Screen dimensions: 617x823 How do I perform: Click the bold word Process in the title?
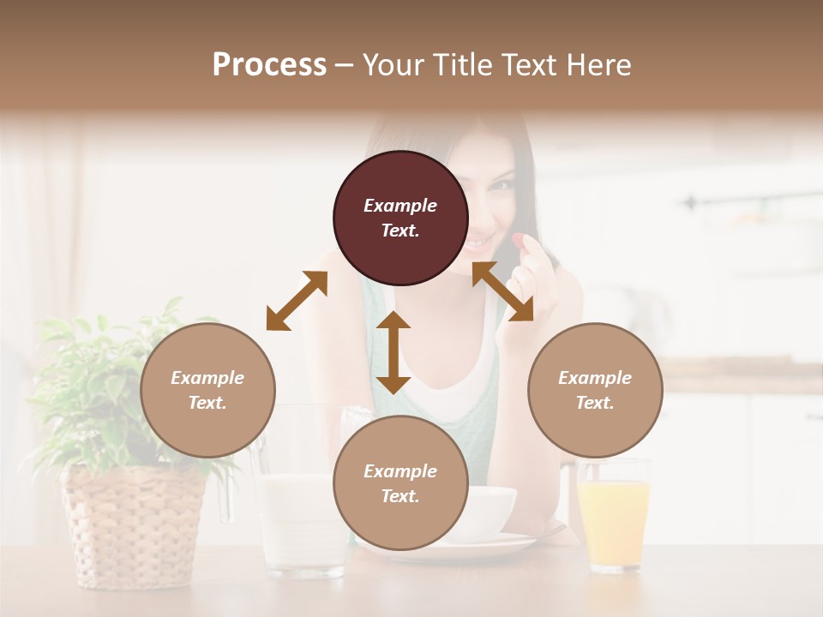click(269, 65)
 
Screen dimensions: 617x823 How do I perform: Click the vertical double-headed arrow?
click(393, 352)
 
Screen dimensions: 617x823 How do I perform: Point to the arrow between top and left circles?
click(297, 301)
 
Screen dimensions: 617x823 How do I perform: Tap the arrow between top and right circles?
click(502, 291)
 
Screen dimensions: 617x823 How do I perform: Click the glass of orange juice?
click(613, 518)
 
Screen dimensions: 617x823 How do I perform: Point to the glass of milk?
click(300, 523)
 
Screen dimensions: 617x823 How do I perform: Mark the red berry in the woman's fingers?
click(520, 239)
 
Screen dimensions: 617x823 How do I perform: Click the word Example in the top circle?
click(400, 206)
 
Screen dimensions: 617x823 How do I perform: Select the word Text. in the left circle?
click(207, 403)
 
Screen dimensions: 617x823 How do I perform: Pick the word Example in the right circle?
click(595, 378)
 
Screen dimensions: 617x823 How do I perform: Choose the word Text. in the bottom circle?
click(400, 496)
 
